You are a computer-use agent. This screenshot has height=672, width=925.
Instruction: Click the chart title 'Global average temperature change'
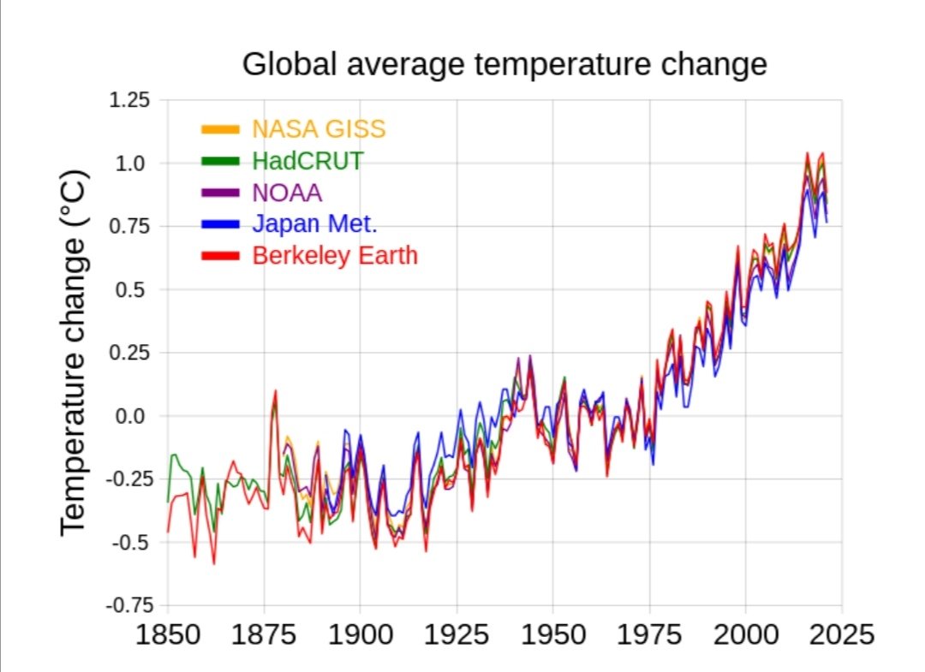coord(504,64)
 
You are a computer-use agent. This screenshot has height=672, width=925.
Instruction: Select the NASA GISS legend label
coord(319,129)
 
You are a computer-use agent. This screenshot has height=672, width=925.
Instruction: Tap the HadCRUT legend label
coord(307,161)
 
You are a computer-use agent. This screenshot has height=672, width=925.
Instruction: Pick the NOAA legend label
coord(287,193)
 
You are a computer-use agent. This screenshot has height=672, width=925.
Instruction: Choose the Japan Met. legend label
coord(314,224)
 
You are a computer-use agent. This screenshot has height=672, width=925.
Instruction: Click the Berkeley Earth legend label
coord(335,256)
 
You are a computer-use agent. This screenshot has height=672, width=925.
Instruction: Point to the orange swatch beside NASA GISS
coord(221,129)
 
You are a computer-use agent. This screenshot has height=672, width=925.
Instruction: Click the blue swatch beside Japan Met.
coord(221,224)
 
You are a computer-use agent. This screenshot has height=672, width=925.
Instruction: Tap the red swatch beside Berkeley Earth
coord(221,256)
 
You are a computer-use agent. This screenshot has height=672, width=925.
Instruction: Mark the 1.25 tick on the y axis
coord(129,99)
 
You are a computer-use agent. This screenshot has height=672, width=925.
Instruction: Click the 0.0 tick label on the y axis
coord(130,416)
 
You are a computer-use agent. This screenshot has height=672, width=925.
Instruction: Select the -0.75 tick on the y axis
coord(130,605)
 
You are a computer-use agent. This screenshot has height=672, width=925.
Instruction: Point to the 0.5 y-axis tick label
coord(130,289)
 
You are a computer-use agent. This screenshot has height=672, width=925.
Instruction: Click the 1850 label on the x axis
coord(168,635)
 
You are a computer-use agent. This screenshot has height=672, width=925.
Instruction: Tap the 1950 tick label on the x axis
coord(553,635)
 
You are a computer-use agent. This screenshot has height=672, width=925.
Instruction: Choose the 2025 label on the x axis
coord(842,635)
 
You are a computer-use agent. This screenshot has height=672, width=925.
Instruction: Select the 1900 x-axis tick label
coord(361,635)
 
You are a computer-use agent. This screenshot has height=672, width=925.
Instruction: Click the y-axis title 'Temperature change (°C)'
coord(75,353)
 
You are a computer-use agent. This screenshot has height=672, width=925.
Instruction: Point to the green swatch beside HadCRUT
coord(221,161)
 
